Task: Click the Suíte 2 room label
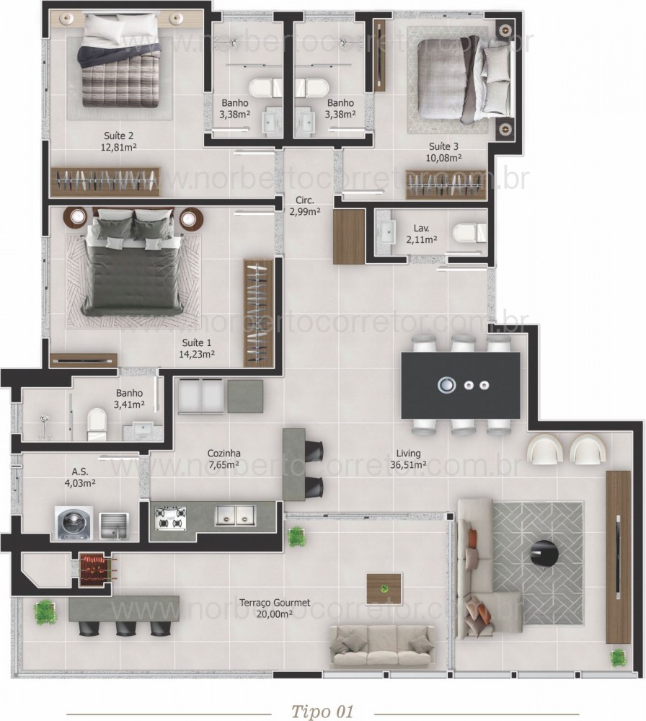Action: [119, 135]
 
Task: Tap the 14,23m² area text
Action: [197, 354]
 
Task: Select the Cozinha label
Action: [224, 453]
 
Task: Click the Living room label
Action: [408, 453]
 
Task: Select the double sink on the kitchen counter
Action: [234, 515]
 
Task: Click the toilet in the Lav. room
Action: [469, 233]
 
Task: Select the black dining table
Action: [461, 385]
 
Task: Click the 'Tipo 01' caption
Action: [322, 709]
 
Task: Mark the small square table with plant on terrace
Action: [384, 588]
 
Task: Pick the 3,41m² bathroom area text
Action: [130, 404]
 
